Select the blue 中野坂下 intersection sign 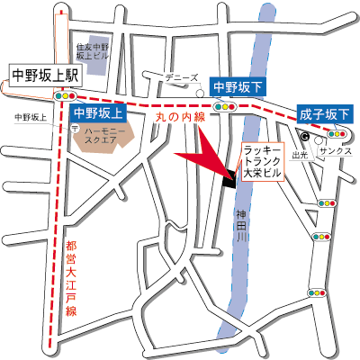tap(238, 86)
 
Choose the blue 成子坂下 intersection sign tap(325, 113)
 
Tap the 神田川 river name tap(241, 225)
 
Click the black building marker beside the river tap(228, 178)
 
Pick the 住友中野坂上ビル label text tap(92, 50)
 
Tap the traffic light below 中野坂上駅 tap(66, 96)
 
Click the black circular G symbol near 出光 tap(305, 137)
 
